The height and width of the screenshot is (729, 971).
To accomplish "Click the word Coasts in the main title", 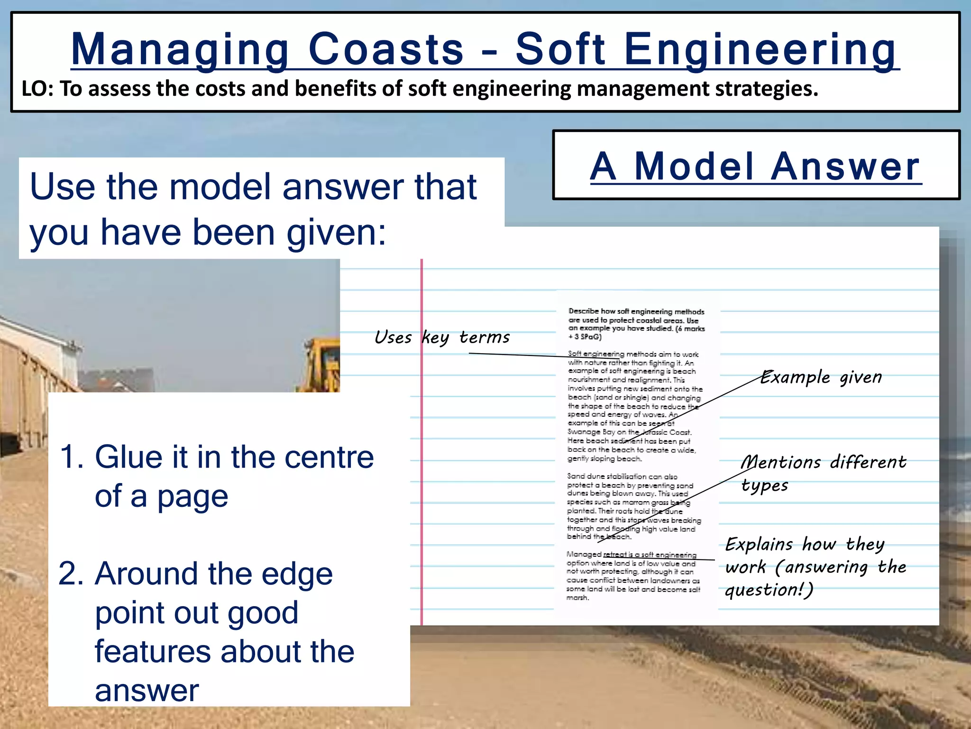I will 385,49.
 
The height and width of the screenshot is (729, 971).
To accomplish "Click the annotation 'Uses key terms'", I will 442,337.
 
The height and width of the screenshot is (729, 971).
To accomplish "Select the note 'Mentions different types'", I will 823,473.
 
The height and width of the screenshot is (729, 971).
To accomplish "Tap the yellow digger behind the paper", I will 321,365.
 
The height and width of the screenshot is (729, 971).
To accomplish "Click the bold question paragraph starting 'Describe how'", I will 636,324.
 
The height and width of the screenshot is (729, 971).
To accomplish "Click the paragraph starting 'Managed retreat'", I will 633,576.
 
